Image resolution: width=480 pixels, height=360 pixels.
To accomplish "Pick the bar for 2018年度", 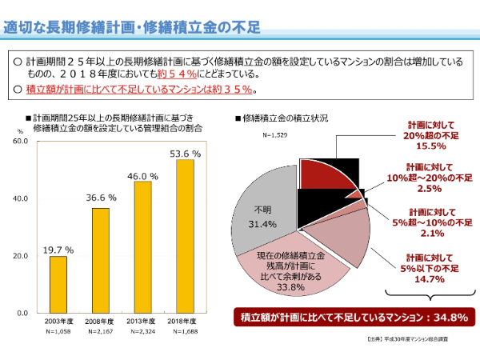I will [185, 236].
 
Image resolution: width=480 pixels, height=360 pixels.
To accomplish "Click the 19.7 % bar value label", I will [58, 250].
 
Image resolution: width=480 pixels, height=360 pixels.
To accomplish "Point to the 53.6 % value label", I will [185, 153].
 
